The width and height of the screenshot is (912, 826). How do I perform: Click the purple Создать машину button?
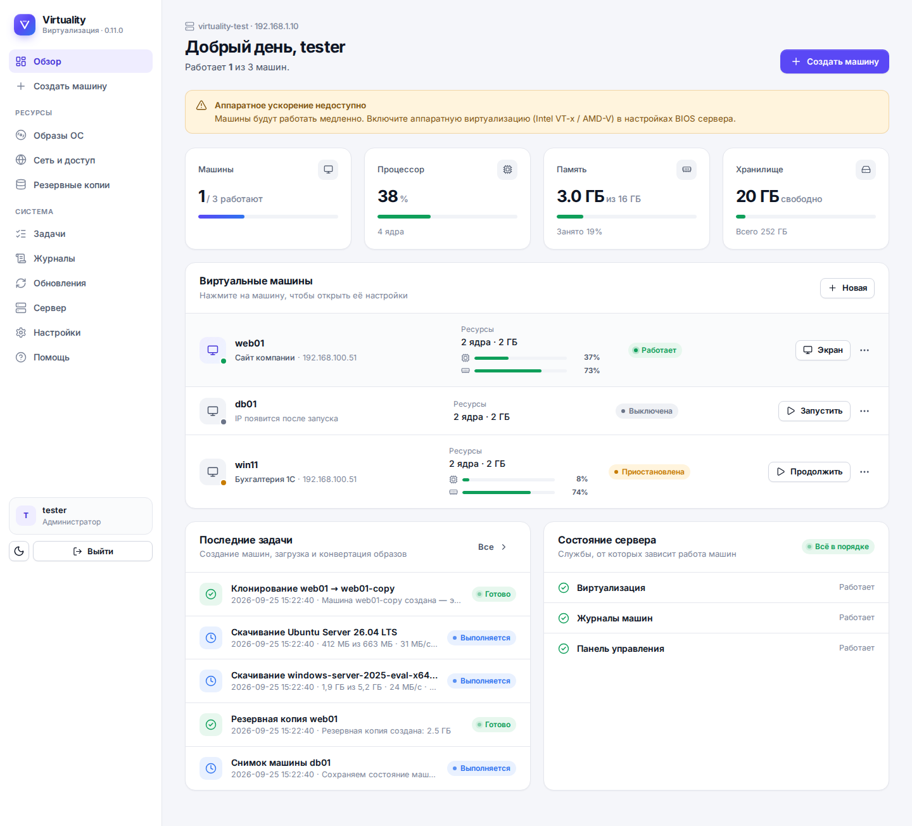click(834, 61)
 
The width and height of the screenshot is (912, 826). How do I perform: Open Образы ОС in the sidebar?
click(58, 136)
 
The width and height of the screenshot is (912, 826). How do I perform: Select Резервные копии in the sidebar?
click(72, 185)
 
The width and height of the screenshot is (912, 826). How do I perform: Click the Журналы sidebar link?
click(54, 258)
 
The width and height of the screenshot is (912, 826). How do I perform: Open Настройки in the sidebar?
click(57, 333)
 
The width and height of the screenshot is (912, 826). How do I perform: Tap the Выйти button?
click(92, 551)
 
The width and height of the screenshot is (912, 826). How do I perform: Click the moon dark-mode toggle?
click(19, 551)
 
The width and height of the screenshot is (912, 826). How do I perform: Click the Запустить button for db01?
click(814, 410)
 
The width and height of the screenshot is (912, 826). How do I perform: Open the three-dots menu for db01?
click(864, 410)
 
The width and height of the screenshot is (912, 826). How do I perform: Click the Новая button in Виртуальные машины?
click(847, 288)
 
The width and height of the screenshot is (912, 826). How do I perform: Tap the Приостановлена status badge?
click(649, 472)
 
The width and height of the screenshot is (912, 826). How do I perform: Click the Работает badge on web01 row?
click(655, 350)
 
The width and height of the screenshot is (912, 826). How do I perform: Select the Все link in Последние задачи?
click(492, 547)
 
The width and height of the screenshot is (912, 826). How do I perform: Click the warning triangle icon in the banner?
click(201, 106)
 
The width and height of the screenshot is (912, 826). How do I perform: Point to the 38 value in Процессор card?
click(388, 196)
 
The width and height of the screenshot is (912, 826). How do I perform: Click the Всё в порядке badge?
click(838, 546)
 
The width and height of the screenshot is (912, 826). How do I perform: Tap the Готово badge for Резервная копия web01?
click(494, 725)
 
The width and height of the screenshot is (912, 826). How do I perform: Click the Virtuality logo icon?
click(25, 25)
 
